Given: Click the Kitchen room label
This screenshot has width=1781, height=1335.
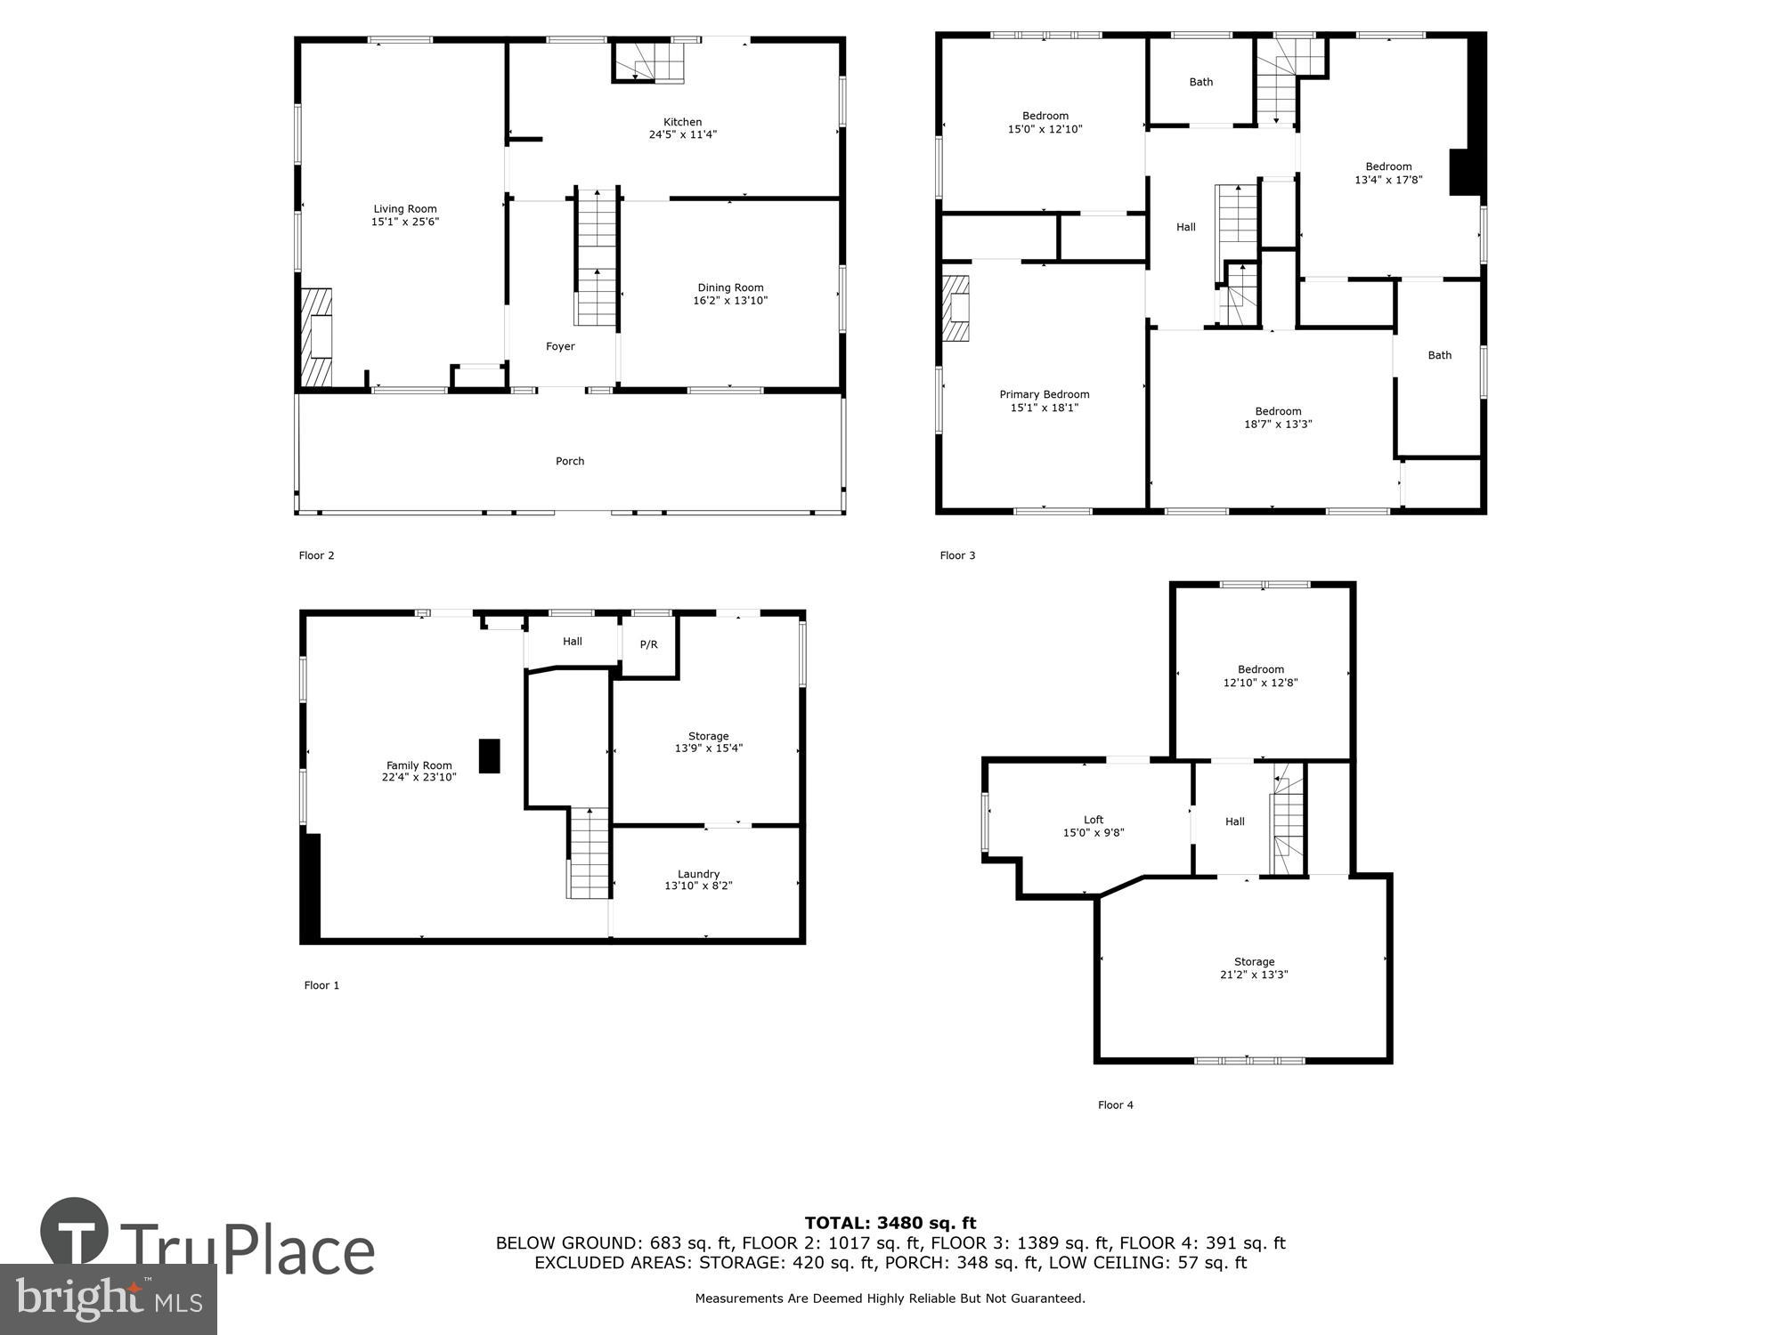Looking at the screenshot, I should coord(682,122).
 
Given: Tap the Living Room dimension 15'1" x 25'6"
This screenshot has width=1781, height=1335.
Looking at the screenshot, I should coord(405,222).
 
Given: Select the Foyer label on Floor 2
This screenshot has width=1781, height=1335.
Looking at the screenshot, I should coord(560,346).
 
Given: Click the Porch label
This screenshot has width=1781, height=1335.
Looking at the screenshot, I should coord(570,461).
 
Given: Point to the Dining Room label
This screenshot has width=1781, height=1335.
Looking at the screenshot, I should coord(730,287).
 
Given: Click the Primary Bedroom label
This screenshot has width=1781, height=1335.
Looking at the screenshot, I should coord(1044,394).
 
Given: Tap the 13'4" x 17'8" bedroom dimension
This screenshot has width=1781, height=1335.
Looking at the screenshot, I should coord(1388,180).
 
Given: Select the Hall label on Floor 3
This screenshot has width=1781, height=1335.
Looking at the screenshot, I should coord(1185,227).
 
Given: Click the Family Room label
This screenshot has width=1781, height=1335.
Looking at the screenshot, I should coord(419,765).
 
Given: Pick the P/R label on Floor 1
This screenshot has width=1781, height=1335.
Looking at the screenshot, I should coord(648,644).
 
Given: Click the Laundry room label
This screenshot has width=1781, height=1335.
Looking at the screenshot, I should coord(698,874).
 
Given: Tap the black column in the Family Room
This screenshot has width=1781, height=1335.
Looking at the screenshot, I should coord(489,756).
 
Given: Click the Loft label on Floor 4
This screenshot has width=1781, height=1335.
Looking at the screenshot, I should coord(1093,820).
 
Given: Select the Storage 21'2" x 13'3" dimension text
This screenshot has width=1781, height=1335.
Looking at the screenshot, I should coord(1254,975).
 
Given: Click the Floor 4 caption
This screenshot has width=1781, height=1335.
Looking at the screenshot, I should coord(1115,1104).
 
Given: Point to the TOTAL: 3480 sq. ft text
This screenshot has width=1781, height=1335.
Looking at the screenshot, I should coord(890,1223).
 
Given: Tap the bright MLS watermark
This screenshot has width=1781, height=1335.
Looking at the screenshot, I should coord(109,1299).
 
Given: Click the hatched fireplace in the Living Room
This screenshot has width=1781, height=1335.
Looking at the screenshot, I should coord(315,337).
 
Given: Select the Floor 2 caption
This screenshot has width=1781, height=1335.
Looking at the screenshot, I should coord(316,555).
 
